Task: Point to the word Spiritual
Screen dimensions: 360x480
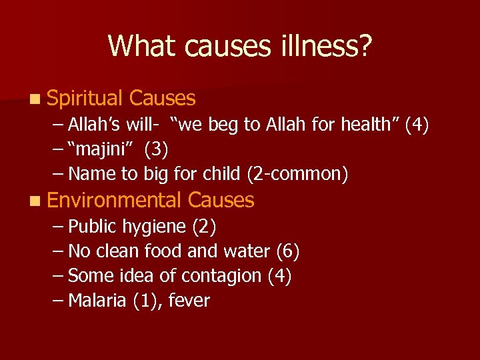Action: (85, 99)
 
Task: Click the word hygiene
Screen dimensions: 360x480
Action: (155, 227)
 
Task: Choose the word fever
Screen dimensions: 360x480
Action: (189, 301)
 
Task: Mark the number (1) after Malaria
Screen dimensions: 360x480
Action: (145, 301)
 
